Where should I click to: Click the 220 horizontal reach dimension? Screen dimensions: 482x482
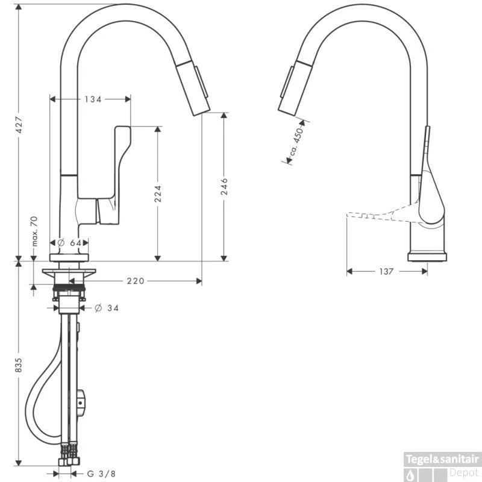coord(136,281)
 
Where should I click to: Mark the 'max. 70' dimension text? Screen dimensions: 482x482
coord(34,231)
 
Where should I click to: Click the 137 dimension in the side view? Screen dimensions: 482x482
coord(387,272)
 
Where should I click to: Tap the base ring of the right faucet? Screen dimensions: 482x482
coord(427,257)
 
